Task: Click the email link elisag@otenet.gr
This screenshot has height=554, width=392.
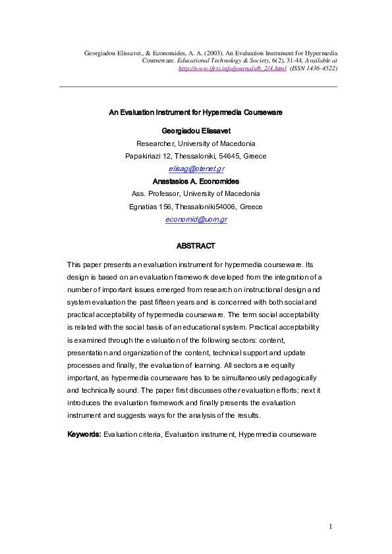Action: point(196,168)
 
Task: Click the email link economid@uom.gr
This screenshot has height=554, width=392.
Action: point(196,219)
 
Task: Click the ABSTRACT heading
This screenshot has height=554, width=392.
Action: point(196,245)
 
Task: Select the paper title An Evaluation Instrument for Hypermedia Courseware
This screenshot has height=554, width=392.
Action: point(196,113)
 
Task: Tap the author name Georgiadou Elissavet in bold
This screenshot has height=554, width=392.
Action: point(196,131)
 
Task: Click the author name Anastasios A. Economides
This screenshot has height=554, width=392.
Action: point(196,181)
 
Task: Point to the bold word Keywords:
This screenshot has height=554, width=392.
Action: point(84,435)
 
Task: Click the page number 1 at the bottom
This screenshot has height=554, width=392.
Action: point(331,526)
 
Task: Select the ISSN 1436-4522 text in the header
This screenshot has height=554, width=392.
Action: point(314,68)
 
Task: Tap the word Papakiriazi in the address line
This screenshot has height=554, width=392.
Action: point(143,156)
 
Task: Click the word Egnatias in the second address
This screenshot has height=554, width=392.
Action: point(143,207)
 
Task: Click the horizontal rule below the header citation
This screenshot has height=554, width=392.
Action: point(198,87)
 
